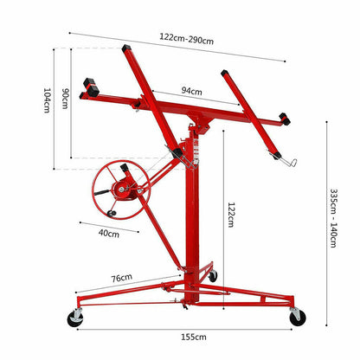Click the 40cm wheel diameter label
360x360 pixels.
click(108, 233)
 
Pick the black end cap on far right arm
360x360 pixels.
click(286, 119)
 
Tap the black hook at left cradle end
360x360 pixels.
click(88, 87)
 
